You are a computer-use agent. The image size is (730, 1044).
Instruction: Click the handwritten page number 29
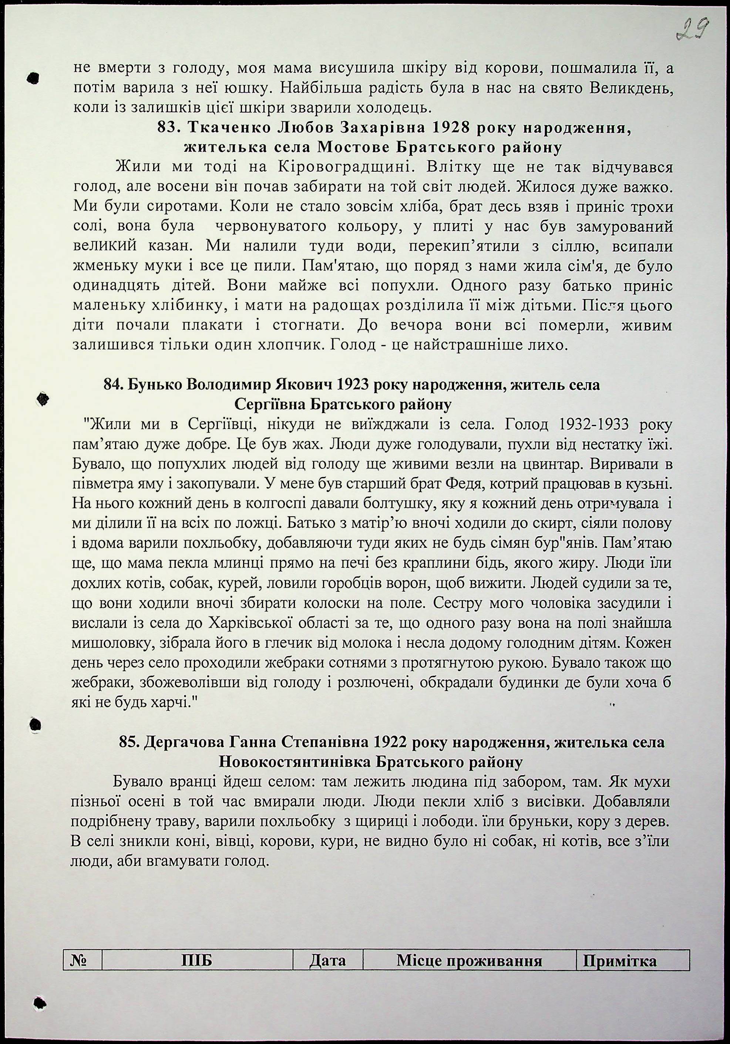tap(693, 30)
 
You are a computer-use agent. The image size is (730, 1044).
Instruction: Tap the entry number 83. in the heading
tap(169, 128)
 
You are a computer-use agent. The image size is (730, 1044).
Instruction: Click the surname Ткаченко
tap(229, 128)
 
